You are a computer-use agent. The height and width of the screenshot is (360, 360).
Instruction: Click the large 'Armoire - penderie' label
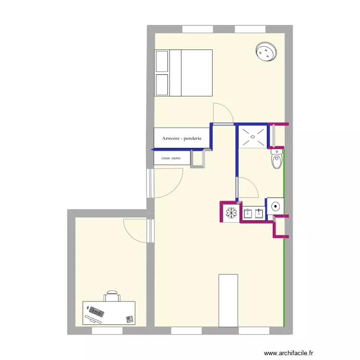click(x=181, y=139)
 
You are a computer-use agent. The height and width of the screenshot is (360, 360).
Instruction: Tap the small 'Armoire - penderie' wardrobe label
click(x=171, y=158)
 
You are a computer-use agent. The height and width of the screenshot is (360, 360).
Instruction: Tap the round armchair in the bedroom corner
click(x=266, y=52)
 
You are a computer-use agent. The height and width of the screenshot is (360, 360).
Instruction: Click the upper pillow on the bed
click(x=162, y=61)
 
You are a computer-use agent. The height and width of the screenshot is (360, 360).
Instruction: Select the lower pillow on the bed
click(x=162, y=84)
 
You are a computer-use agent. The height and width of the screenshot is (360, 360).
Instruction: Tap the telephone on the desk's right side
click(x=129, y=319)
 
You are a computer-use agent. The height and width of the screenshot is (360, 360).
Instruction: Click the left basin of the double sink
click(x=249, y=214)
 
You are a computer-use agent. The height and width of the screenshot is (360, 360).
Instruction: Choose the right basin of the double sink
click(x=260, y=214)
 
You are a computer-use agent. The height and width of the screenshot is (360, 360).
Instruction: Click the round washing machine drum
click(x=276, y=205)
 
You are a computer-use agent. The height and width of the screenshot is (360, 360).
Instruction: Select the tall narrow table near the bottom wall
click(x=228, y=300)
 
